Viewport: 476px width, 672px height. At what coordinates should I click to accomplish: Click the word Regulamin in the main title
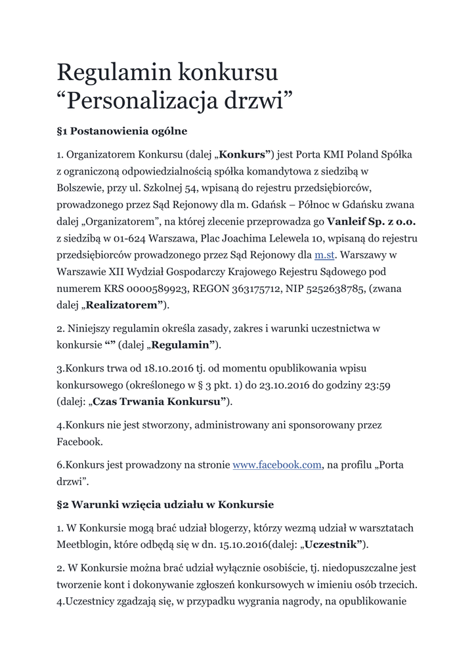[x=114, y=72]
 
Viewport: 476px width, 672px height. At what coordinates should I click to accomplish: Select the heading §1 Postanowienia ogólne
[x=122, y=131]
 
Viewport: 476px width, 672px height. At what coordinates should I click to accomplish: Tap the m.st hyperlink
[x=325, y=254]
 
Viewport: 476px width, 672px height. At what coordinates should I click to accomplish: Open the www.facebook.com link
[x=277, y=465]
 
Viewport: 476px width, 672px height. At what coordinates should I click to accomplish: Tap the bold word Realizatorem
[x=123, y=305]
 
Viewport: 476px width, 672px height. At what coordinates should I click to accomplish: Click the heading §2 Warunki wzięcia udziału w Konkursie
[x=165, y=505]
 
